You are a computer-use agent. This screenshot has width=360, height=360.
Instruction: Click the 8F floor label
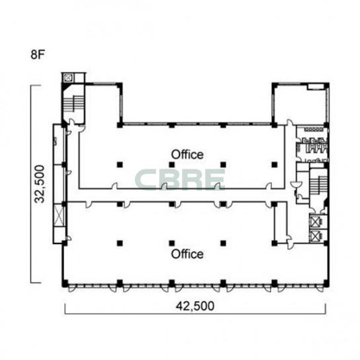(x=38, y=54)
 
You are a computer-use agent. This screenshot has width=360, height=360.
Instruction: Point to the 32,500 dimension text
(x=39, y=184)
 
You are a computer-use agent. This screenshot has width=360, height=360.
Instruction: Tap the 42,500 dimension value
(x=195, y=306)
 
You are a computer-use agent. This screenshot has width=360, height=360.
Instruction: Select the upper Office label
(x=187, y=154)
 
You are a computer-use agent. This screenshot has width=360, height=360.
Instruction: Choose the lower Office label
(x=187, y=254)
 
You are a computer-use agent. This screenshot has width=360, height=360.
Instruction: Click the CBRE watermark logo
(x=180, y=179)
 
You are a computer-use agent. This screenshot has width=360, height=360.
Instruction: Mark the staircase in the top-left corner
(x=73, y=104)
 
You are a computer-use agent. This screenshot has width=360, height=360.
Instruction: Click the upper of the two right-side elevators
(x=316, y=222)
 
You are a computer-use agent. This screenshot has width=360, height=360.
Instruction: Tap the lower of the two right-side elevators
(x=316, y=236)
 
